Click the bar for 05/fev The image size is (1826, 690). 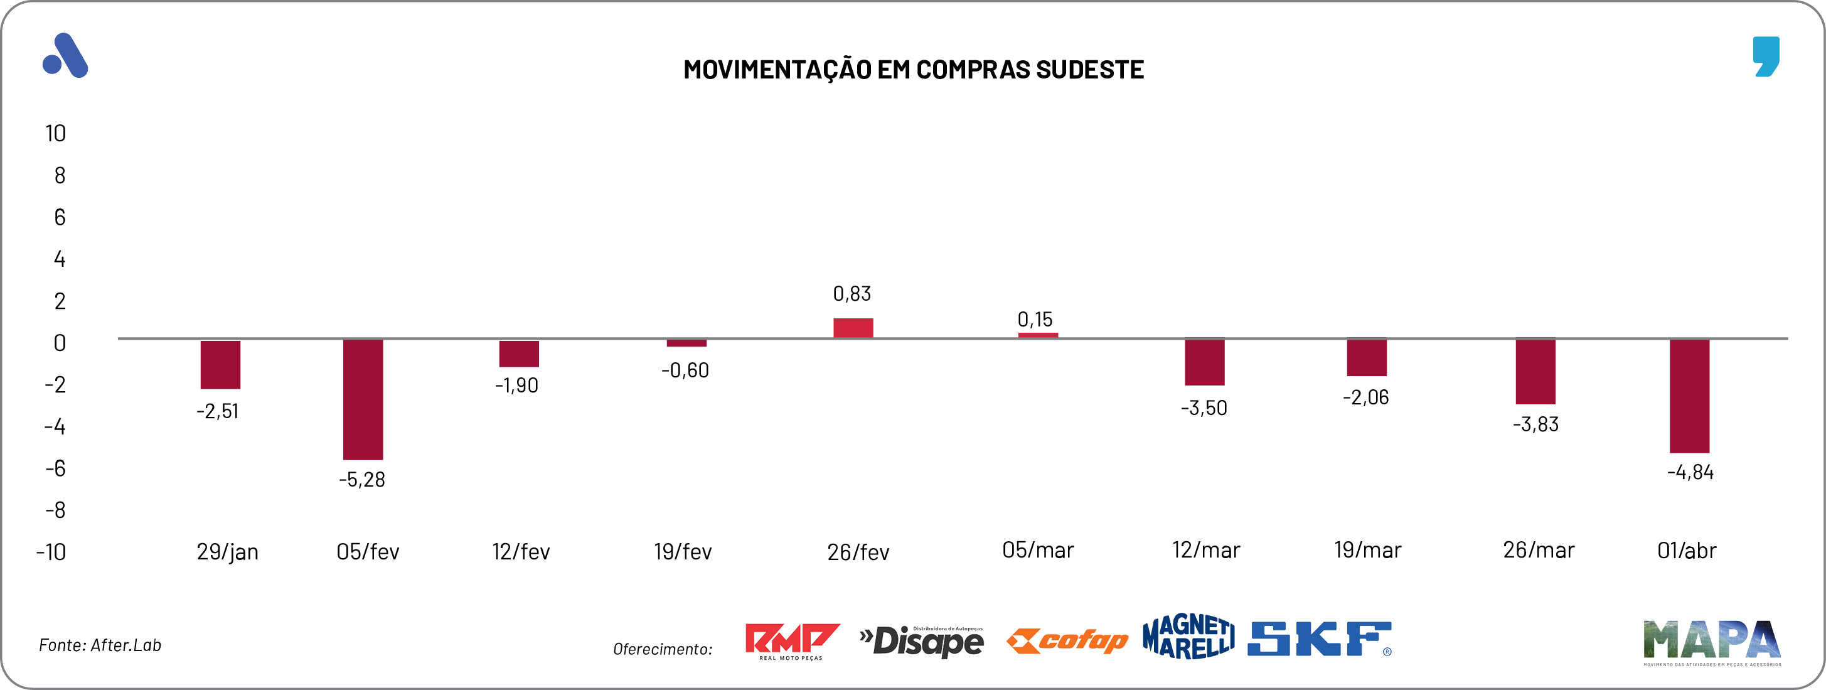(x=363, y=399)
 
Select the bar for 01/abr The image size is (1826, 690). (x=1689, y=396)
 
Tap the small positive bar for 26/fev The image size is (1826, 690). (x=853, y=328)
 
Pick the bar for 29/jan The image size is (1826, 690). (x=220, y=365)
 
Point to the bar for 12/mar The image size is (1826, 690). (x=1204, y=362)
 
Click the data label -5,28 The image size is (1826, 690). (x=361, y=480)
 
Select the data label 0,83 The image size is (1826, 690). (x=852, y=294)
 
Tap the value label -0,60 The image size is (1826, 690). (x=685, y=370)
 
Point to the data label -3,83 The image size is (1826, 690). (x=1535, y=424)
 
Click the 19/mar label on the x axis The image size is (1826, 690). (x=1367, y=550)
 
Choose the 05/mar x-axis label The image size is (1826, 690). (x=1038, y=550)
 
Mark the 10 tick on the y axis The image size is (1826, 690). (x=55, y=133)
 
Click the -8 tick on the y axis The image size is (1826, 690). (x=55, y=510)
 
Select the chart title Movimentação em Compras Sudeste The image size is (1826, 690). (x=913, y=70)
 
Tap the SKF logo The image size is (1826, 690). (x=1319, y=639)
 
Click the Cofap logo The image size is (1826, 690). (x=1067, y=641)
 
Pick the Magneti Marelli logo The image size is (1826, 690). (x=1188, y=637)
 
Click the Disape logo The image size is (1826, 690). (x=922, y=642)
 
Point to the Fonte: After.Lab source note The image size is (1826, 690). (x=100, y=645)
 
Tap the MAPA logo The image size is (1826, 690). (x=1712, y=642)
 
